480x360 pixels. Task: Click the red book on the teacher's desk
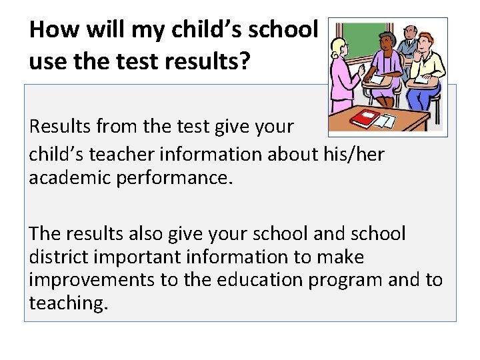coord(365,119)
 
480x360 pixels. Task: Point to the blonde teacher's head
coord(340,48)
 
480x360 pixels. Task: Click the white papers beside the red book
coord(385,121)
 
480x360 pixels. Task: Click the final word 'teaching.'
coord(67,303)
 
